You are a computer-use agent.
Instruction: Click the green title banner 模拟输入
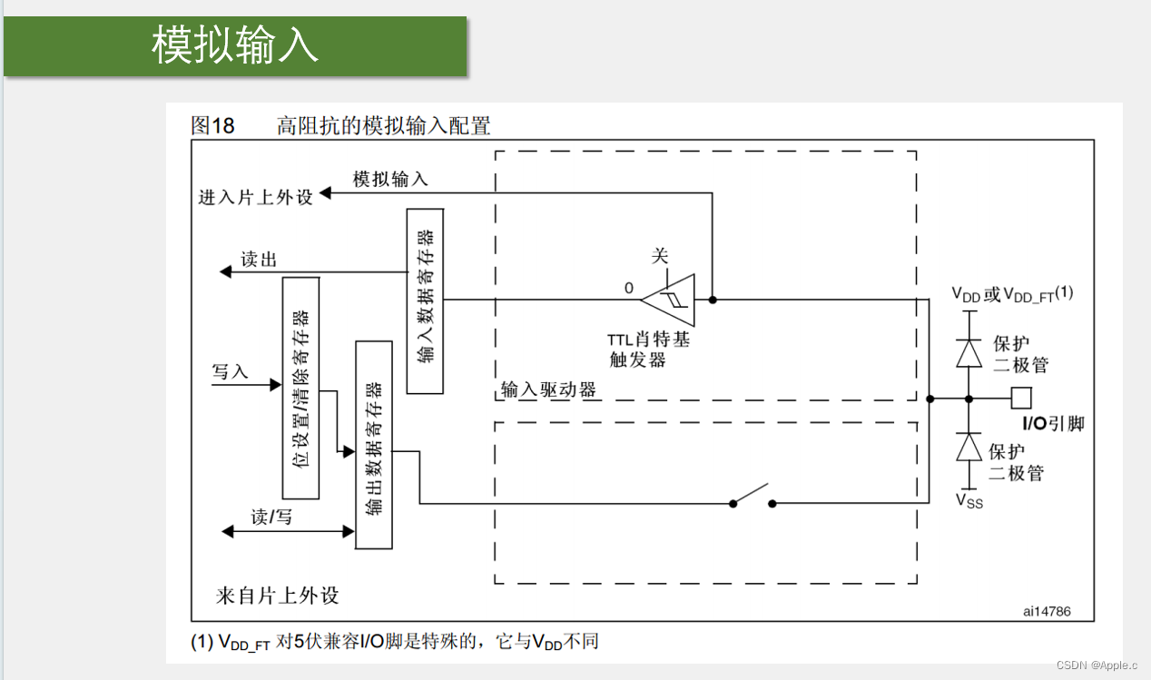[x=235, y=45]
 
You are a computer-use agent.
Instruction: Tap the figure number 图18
[x=212, y=125]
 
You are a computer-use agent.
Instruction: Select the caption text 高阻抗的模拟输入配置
[x=383, y=125]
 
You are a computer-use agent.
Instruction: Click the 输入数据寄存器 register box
[x=425, y=301]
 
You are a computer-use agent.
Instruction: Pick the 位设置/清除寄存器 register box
[x=300, y=388]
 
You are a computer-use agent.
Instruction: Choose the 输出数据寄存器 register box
[x=374, y=444]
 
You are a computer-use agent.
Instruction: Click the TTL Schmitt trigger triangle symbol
[x=670, y=299]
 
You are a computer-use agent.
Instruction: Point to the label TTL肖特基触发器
[x=648, y=350]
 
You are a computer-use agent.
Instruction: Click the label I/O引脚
[x=1053, y=424]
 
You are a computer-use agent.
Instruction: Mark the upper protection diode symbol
[x=969, y=352]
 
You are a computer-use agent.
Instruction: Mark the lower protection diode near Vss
[x=969, y=447]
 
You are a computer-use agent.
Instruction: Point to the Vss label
[x=969, y=500]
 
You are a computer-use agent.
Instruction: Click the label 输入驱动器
[x=548, y=390]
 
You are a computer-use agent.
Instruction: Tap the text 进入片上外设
[x=255, y=197]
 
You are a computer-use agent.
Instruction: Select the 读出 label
[x=259, y=260]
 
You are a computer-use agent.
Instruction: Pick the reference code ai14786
[x=1047, y=611]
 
